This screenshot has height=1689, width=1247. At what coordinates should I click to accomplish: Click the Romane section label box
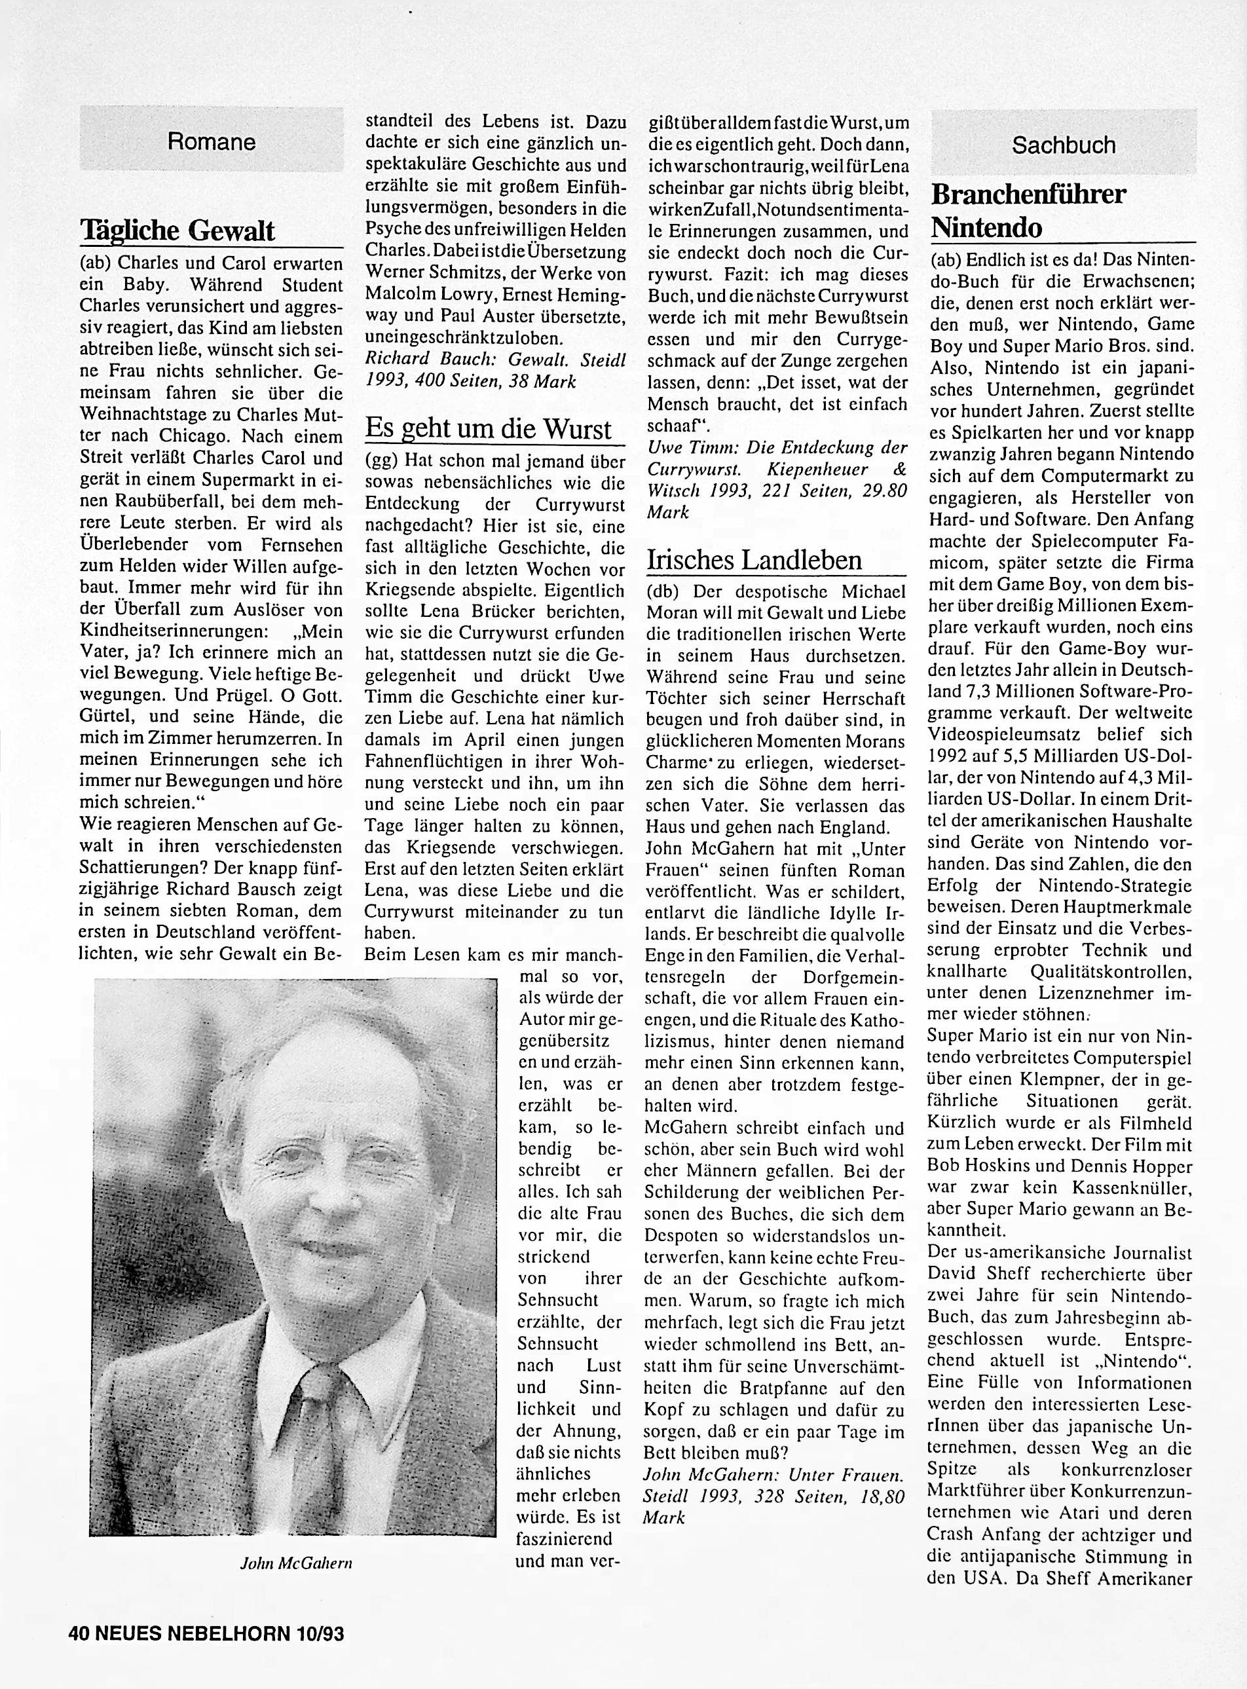point(212,141)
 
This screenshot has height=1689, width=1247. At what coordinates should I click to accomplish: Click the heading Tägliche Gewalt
point(177,231)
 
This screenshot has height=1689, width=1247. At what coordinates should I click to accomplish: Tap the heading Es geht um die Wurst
point(488,429)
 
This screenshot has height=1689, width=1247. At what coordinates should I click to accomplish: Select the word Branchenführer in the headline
point(1028,194)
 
